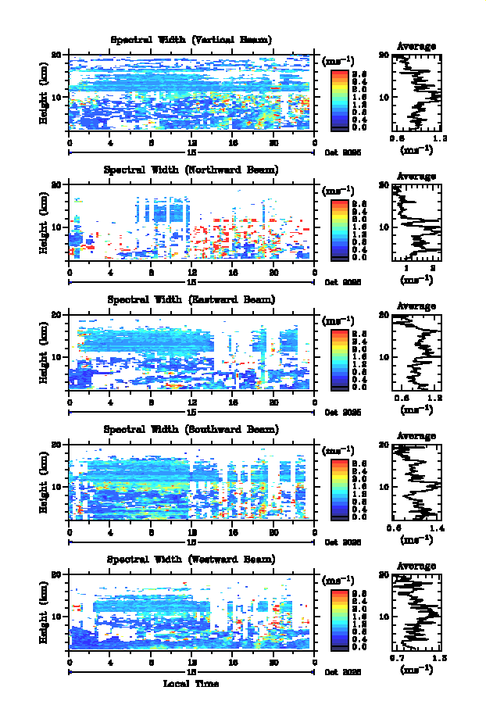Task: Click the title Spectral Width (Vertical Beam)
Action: point(191,40)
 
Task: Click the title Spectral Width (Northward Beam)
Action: point(191,170)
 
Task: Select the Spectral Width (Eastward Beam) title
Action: point(191,299)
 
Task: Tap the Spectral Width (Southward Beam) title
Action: point(191,429)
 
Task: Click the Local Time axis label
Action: point(191,684)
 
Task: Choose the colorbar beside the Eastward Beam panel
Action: point(339,359)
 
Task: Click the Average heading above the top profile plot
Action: point(416,47)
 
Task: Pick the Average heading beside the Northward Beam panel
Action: point(416,177)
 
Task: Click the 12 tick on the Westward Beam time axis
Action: point(191,662)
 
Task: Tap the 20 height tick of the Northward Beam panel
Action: point(56,184)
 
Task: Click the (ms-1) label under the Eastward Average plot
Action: point(416,409)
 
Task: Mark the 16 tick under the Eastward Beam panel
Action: point(233,402)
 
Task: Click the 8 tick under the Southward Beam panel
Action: point(151,532)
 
